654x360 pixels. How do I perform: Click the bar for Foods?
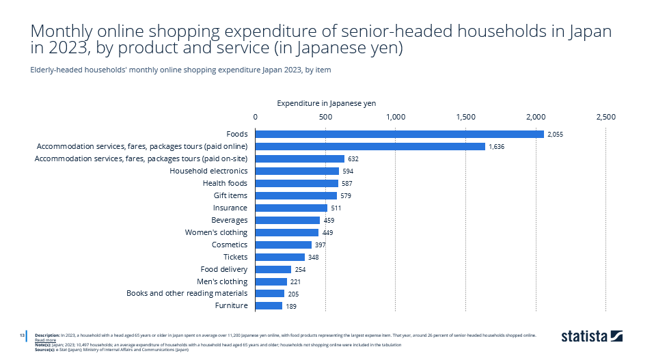coord(400,134)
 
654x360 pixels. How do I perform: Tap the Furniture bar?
coord(269,306)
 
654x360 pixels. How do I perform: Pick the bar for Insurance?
coord(291,208)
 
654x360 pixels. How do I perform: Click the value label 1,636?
coord(496,146)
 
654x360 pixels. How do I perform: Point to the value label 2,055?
coord(555,134)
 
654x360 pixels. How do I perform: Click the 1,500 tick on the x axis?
coord(465,117)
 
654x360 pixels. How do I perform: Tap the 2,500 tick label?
coord(605,117)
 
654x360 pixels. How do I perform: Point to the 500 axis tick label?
coord(325,117)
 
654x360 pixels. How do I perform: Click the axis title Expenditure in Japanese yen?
coord(326,102)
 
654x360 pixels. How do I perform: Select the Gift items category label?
coord(230,195)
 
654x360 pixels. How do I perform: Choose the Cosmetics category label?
coord(230,245)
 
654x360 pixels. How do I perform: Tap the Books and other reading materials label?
coord(187,294)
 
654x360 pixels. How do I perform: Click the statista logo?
coord(592,336)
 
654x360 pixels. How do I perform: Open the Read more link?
coord(45,340)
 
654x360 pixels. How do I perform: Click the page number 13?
coord(22,335)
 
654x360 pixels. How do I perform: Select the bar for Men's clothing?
coord(271,281)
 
